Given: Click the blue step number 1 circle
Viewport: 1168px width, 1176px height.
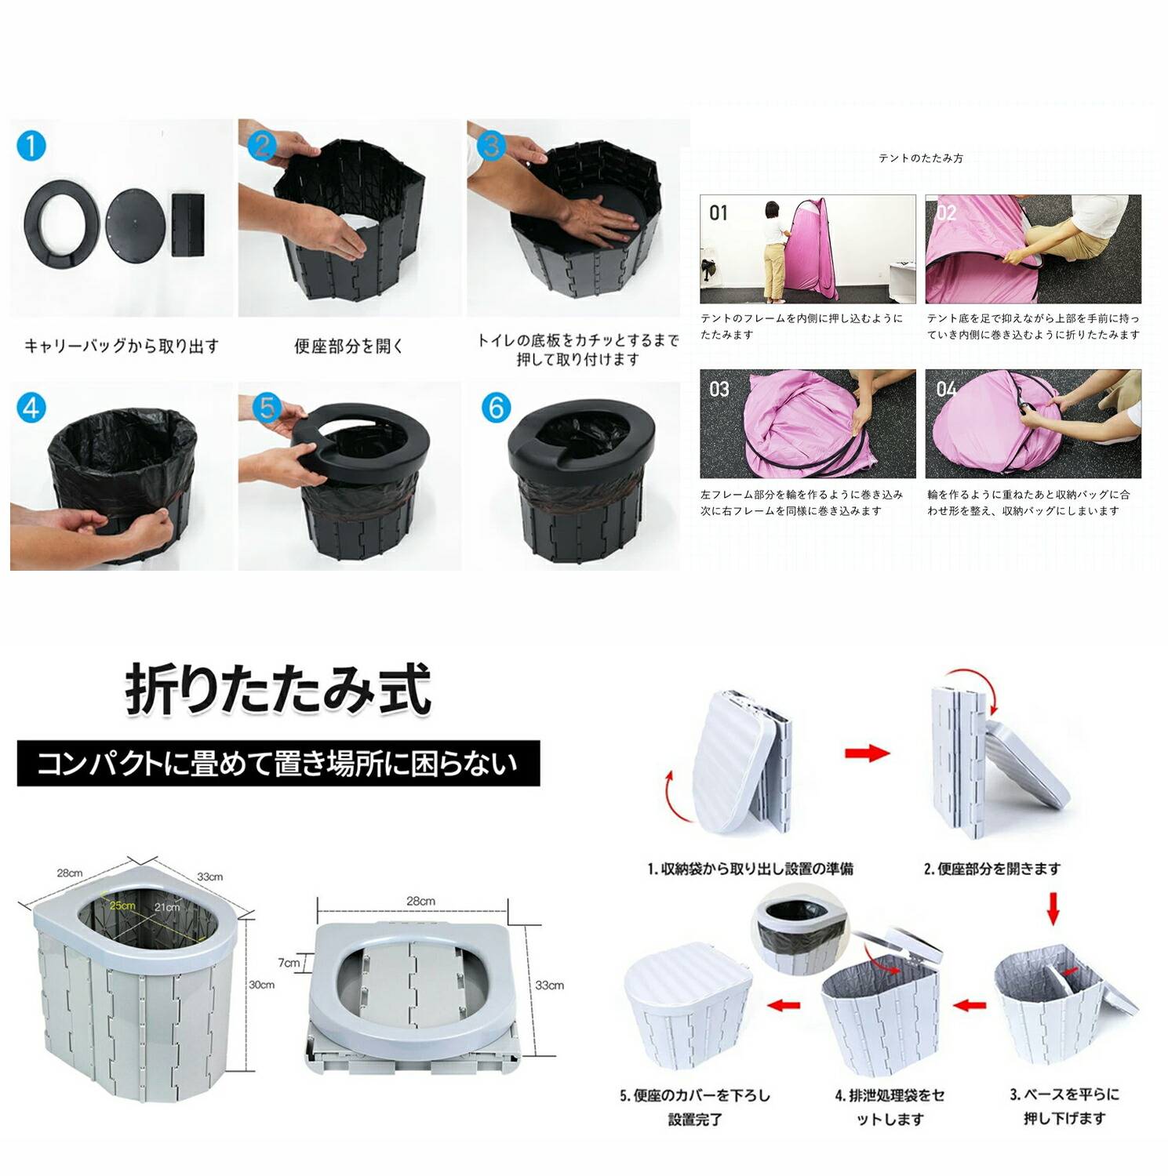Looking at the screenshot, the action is [x=31, y=146].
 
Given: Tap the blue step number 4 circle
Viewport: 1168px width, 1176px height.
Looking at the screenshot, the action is [x=31, y=408].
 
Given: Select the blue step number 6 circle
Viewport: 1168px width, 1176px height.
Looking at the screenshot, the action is [x=496, y=408].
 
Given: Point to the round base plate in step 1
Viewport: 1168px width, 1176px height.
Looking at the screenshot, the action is [x=136, y=220].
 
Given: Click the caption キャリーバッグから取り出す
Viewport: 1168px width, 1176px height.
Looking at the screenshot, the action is [x=122, y=346].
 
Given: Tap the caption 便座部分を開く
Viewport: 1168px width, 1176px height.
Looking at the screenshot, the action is [x=349, y=346].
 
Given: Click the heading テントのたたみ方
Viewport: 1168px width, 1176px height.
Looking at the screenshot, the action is [x=921, y=158].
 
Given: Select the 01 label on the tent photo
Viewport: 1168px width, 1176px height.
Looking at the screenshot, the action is [x=719, y=212].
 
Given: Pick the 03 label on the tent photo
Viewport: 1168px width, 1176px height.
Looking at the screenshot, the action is [x=719, y=389].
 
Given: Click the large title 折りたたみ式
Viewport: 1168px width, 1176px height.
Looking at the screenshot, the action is [x=278, y=690].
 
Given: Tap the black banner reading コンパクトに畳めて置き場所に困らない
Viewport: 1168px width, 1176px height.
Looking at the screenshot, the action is [x=278, y=764].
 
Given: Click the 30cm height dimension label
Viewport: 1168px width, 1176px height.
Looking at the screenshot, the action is [x=262, y=985].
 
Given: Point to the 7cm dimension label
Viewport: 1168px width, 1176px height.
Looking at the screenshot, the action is [x=289, y=963].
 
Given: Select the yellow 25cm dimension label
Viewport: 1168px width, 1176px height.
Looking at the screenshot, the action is [x=122, y=906].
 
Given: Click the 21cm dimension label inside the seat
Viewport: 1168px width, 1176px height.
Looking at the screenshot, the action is [x=167, y=907].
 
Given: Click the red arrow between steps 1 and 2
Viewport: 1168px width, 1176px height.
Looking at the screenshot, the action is [x=867, y=753].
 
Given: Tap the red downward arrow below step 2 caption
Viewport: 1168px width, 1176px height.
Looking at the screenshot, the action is [x=1053, y=908].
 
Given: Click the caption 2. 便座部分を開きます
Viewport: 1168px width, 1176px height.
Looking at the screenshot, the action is [x=992, y=869].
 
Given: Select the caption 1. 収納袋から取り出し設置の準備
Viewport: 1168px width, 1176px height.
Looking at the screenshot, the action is [x=751, y=869].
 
